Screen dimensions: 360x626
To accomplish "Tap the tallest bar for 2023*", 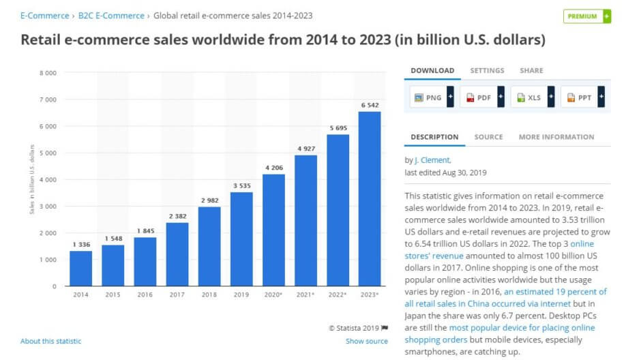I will point(370,198).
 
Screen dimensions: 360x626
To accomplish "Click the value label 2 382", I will point(177,215).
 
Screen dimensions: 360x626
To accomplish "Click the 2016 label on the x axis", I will point(145,295).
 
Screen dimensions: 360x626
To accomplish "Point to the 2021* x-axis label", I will point(305,295).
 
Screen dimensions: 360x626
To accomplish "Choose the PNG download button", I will point(428,97).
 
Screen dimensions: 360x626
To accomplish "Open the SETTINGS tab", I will point(487,70).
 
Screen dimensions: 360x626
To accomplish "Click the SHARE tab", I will point(531,70).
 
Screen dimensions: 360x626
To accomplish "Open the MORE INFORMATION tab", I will point(556,137).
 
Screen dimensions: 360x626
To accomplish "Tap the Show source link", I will point(366,341).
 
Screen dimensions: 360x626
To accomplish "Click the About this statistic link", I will point(50,341).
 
